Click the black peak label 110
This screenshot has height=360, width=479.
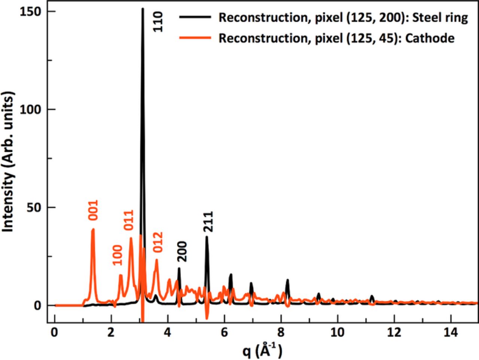click(x=158, y=22)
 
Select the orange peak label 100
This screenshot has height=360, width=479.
click(x=118, y=255)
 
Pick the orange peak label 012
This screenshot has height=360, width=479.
click(x=158, y=242)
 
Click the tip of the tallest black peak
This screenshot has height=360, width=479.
click(x=143, y=8)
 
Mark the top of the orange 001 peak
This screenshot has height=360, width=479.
click(x=93, y=229)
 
